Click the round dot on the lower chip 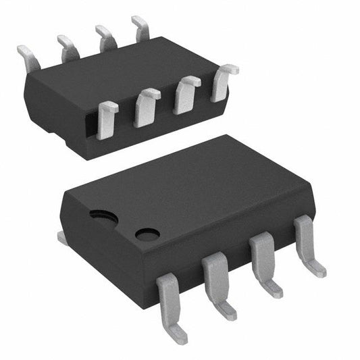(147, 234)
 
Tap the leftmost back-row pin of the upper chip (28, 57)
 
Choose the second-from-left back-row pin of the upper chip (68, 48)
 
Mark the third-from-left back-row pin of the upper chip (105, 38)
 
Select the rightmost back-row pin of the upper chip (141, 29)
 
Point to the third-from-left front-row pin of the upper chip (186, 95)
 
